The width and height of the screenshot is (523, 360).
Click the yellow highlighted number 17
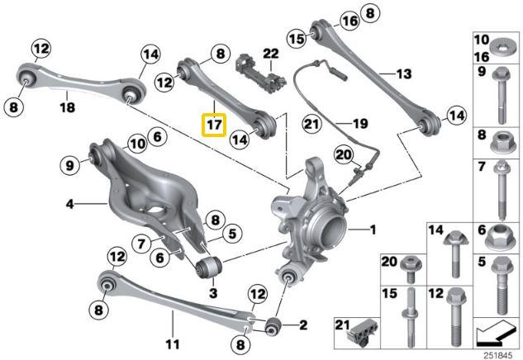[214, 126]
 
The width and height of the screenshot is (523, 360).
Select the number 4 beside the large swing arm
[69, 202]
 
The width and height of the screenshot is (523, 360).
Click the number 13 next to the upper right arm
[403, 73]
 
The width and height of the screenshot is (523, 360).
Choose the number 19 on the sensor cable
[359, 124]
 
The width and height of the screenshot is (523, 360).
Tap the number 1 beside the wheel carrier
[373, 229]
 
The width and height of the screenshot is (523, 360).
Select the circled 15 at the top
[297, 38]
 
